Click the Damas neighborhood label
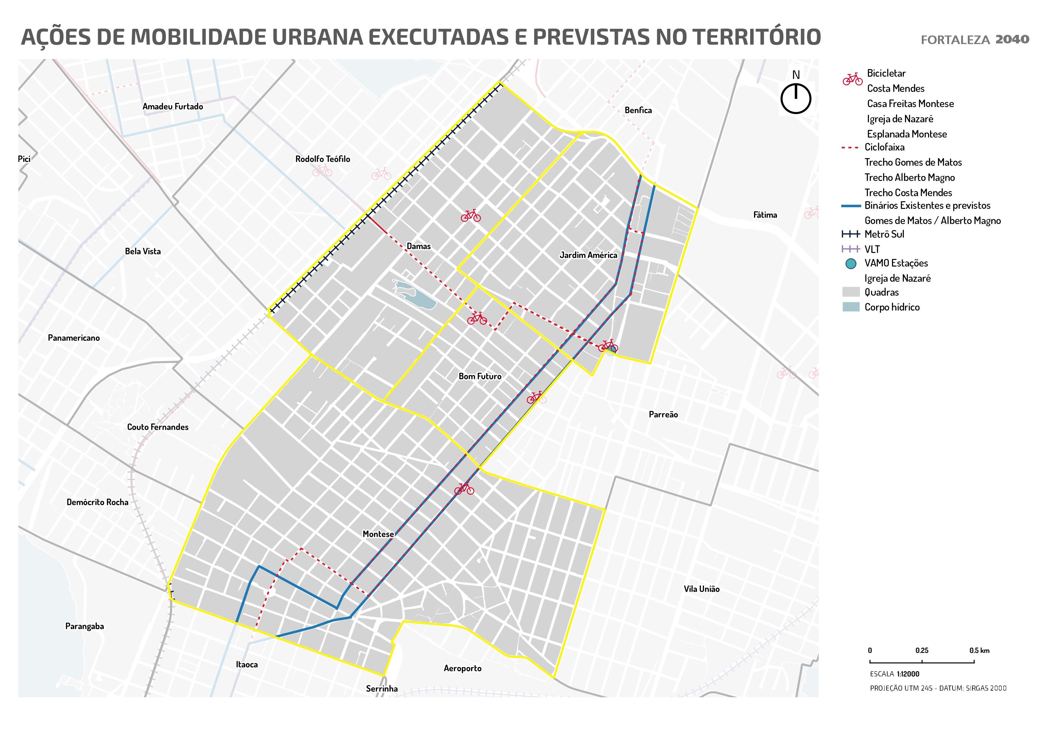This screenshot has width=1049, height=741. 418,246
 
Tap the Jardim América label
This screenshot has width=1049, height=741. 588,255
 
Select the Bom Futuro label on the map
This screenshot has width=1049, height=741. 480,376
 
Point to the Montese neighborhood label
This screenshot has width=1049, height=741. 378,534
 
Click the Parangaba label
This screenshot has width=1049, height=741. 84,626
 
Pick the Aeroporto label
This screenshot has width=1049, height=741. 462,668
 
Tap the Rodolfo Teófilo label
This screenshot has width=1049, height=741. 323,159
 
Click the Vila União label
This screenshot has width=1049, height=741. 701,589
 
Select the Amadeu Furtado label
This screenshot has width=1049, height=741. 173,106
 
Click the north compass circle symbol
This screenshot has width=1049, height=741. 796,98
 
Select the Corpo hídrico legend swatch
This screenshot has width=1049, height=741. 851,307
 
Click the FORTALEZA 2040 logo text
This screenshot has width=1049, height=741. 974,40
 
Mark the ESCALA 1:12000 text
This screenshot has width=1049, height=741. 894,674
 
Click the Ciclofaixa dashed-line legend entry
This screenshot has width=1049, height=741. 884,147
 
